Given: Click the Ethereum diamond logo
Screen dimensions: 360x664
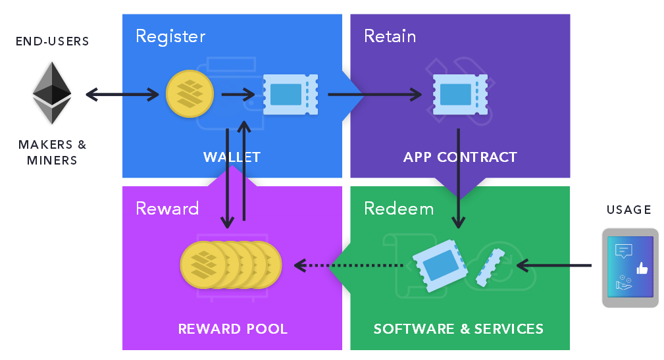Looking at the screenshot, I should click(x=52, y=93).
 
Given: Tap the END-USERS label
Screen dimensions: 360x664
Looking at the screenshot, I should click(x=52, y=41).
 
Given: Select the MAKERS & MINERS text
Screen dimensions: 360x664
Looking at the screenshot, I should click(x=52, y=152).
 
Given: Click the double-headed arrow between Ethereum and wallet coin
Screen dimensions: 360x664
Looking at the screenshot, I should click(x=122, y=95).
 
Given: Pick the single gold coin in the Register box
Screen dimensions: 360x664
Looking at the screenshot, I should click(x=190, y=94).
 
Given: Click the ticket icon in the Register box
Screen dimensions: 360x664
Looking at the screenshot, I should click(x=290, y=94).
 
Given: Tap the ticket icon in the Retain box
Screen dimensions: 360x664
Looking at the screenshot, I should click(x=460, y=94).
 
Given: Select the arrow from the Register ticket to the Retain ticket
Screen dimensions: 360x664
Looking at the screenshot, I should click(x=374, y=95).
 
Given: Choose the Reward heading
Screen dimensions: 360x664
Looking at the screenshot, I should click(x=167, y=209).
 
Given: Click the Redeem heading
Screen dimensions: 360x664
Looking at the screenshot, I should click(x=399, y=209).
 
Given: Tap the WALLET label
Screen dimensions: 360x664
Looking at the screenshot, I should click(x=232, y=157).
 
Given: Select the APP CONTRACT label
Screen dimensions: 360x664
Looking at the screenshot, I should click(x=460, y=157).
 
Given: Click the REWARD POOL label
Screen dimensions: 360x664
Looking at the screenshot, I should click(x=232, y=328).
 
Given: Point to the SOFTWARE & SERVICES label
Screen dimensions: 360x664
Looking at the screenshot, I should click(x=459, y=328).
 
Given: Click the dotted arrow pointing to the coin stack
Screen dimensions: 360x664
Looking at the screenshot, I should click(x=349, y=266).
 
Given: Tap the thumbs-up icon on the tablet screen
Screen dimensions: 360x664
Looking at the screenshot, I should click(x=642, y=268).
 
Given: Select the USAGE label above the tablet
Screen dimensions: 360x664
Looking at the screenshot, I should click(x=628, y=210).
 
